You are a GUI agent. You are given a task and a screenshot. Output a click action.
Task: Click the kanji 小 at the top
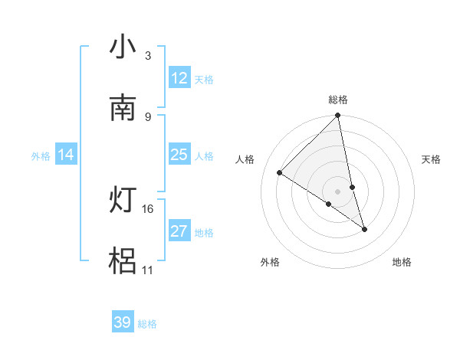coord(123,47)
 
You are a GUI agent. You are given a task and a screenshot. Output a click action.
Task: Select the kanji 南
coord(123,108)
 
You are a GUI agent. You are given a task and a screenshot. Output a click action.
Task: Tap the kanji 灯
coord(123,201)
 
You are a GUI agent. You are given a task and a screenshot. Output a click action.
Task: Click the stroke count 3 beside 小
coord(147,56)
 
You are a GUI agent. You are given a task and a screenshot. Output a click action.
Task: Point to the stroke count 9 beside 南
coord(147,116)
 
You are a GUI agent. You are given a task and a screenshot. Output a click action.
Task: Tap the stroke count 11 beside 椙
coord(148,270)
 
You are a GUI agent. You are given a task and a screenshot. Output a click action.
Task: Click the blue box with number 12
coord(179,78)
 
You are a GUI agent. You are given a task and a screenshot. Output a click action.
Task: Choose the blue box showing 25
coord(179,155)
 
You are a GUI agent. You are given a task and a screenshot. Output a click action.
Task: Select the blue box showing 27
coord(179,231)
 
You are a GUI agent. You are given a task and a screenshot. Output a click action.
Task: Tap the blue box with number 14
coord(66,155)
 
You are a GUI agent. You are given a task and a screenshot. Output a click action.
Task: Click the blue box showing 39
coord(123,322)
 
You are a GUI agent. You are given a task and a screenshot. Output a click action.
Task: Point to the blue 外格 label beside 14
coord(41,156)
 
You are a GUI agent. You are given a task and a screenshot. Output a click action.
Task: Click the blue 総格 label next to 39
coord(147,324)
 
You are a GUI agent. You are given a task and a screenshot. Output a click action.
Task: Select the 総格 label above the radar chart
coord(338,100)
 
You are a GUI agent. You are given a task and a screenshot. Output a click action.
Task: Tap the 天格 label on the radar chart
coord(431,159)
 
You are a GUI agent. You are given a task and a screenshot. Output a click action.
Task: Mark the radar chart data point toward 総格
coord(338,116)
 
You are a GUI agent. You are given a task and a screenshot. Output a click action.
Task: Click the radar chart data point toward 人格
coord(280,173)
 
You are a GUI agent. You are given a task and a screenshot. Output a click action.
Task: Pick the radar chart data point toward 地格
coord(364,229)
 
